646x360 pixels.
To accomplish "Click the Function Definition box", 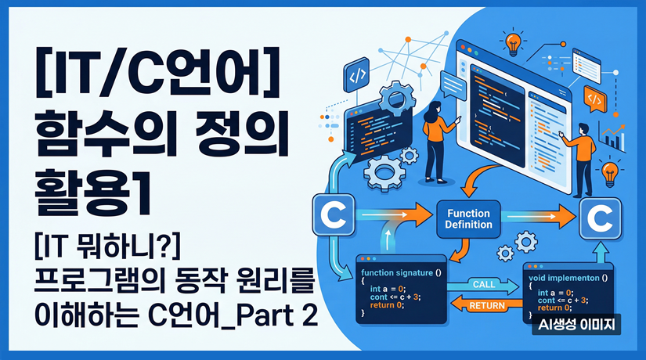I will tap(469, 218).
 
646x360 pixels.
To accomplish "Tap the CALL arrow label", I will tap(485, 283).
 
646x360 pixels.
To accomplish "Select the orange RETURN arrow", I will tap(485, 305).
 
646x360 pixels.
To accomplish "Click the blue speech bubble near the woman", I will tap(452, 84).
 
